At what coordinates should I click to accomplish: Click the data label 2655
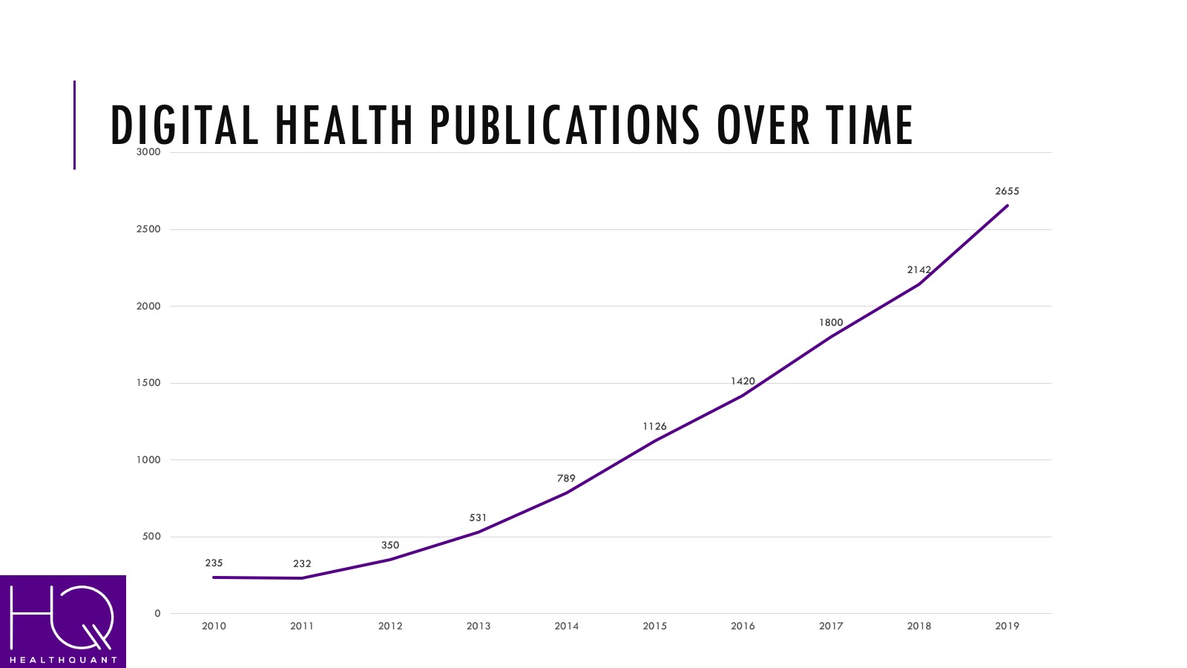[1007, 191]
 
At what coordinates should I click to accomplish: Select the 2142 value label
[918, 270]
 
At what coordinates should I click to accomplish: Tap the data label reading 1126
[654, 427]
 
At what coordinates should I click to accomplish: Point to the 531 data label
[478, 518]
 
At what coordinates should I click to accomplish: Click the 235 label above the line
[214, 563]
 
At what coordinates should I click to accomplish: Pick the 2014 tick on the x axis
[566, 626]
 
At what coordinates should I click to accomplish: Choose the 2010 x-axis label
[214, 626]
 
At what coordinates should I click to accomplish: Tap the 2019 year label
[1007, 626]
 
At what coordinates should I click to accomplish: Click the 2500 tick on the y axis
[148, 229]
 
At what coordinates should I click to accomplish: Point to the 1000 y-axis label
[148, 460]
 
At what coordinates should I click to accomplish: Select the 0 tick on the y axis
[157, 614]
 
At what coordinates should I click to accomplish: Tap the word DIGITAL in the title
[185, 125]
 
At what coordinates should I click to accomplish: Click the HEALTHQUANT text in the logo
[63, 660]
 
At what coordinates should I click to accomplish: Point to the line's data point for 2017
[831, 336]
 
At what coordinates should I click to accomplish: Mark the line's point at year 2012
[390, 559]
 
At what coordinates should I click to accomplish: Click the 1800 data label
[831, 323]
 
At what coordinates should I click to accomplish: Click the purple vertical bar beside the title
[74, 125]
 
